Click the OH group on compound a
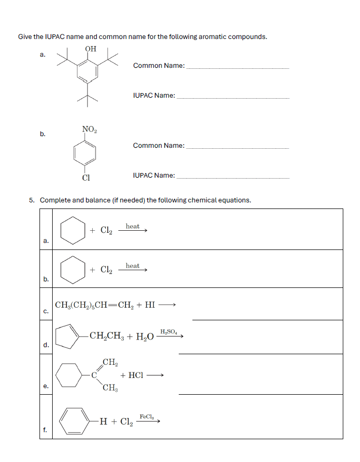coord(91,49)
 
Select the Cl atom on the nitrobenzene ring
coord(87,178)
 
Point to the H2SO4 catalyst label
coord(169,331)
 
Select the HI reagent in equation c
coord(150,305)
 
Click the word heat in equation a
coord(133,226)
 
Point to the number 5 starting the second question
coord(31,200)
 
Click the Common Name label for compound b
coord(158,146)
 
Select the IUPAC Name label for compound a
coord(154,95)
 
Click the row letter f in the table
coord(45,430)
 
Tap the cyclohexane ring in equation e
coord(69,375)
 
